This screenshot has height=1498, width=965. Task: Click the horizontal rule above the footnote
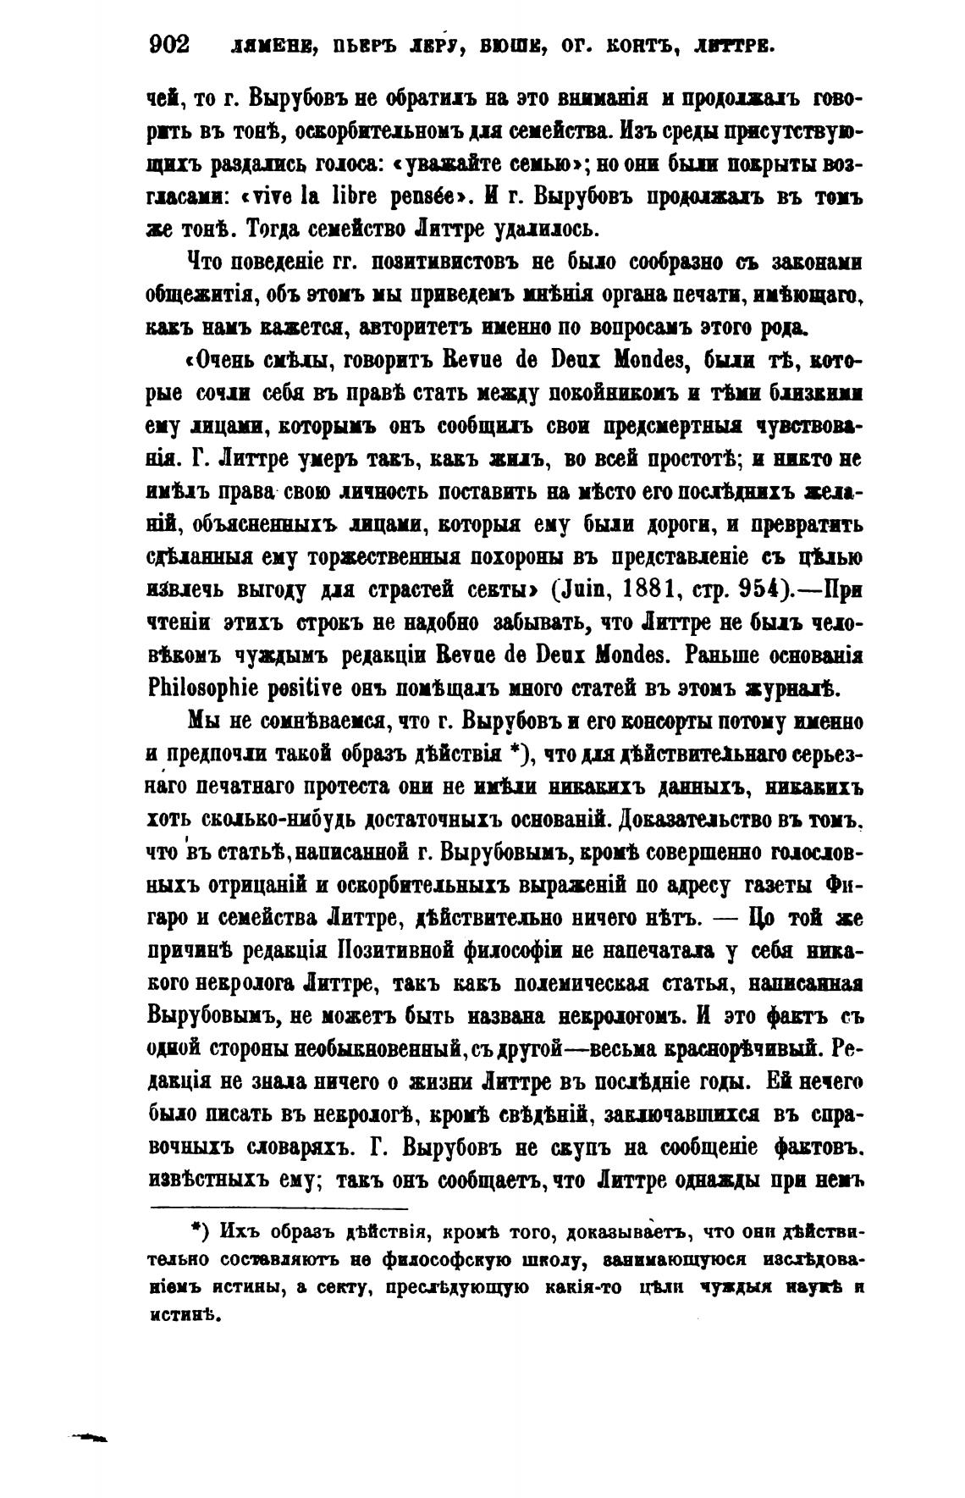[279, 1208]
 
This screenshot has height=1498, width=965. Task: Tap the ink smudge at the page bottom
[90, 1437]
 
